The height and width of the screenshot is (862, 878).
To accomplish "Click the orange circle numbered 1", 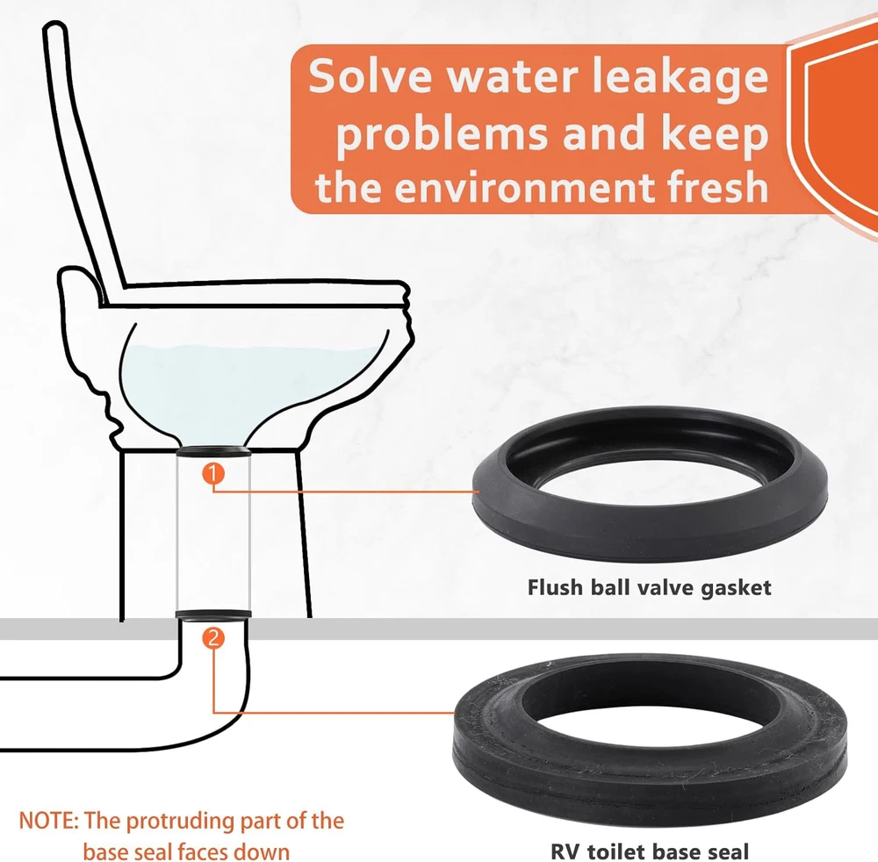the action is tap(213, 474).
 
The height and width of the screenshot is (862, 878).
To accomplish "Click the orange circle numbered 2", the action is tap(213, 638).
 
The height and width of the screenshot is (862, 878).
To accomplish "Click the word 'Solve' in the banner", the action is tap(370, 76).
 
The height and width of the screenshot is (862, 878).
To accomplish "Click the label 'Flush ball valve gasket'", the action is tap(649, 588).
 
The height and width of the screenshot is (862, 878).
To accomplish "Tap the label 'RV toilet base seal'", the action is tap(650, 851).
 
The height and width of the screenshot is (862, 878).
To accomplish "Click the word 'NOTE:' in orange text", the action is tap(48, 821).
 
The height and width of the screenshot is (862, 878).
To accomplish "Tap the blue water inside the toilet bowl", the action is tap(247, 386).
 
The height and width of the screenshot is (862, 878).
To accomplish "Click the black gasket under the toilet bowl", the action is tap(213, 451).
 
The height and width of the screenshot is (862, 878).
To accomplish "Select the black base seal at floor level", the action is tap(213, 615).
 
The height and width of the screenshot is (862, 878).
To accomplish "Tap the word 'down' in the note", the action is tap(262, 851).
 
